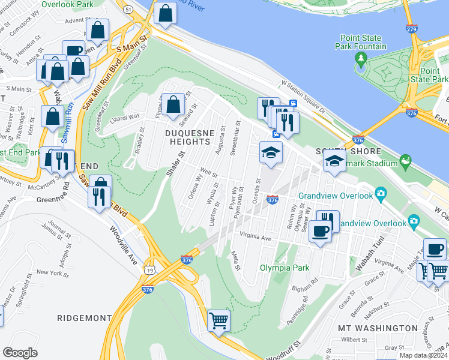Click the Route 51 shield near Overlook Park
[128, 9]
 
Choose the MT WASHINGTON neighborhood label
[378, 328]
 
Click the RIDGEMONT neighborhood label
[84, 317]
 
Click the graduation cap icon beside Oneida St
[271, 151]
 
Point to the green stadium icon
[406, 160]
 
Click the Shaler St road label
[172, 164]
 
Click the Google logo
[20, 353]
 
